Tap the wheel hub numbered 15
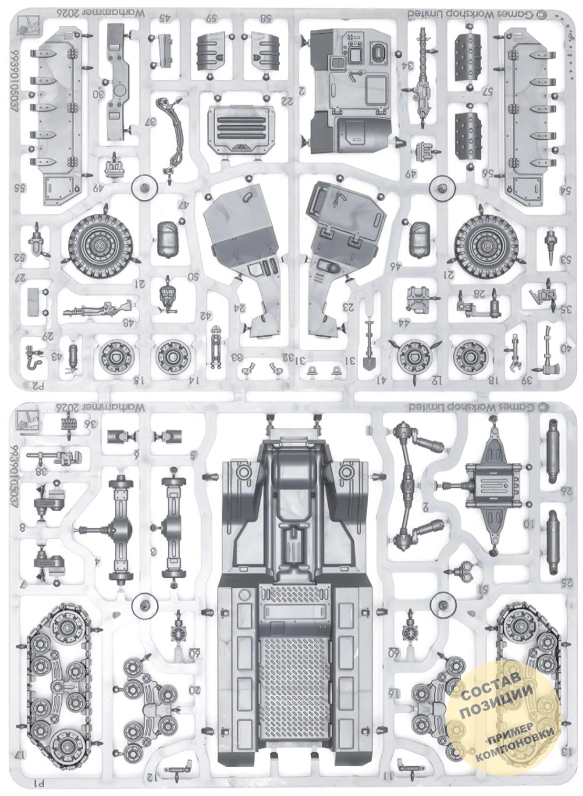pyautogui.click(x=116, y=356)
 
